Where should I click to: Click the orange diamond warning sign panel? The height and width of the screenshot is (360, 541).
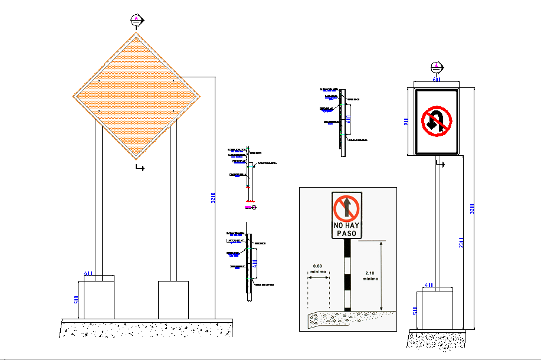point(137,96)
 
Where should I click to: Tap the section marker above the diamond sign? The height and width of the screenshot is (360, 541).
point(137,20)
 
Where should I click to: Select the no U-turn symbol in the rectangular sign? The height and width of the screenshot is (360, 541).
point(436,120)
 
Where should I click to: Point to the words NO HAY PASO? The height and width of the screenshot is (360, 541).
point(346,230)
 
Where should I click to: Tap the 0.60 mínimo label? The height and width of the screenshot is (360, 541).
point(318,269)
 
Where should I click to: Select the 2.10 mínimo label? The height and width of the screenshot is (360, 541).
point(370,275)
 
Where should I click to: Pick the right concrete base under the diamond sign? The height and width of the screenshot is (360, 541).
point(173,300)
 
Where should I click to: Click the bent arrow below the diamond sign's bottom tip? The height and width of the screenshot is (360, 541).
point(140,168)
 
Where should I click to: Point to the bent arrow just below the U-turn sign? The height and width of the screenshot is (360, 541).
point(439,163)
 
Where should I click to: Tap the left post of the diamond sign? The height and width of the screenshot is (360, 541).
point(99,201)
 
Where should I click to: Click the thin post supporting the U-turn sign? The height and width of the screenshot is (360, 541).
point(437,224)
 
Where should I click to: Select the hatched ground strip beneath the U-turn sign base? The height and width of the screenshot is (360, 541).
point(437,339)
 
